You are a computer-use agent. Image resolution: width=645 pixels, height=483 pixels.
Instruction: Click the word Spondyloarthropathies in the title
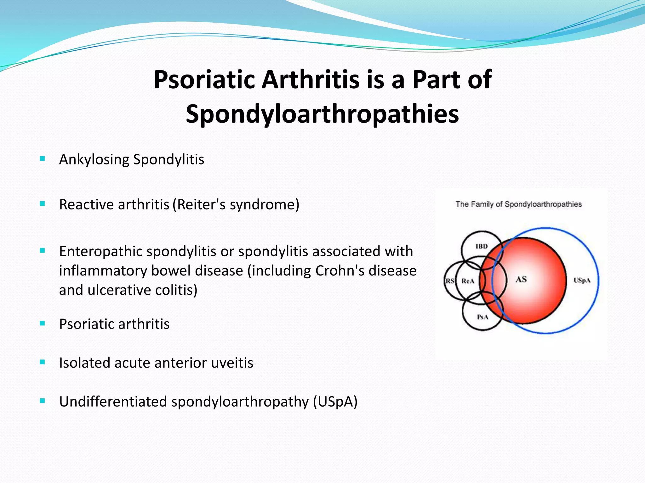(x=322, y=114)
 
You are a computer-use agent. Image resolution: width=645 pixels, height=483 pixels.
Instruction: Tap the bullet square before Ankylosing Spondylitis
(x=43, y=158)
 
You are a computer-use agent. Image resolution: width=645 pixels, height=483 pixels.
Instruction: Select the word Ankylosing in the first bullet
(x=94, y=159)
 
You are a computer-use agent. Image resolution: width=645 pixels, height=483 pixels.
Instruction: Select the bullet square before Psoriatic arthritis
(x=43, y=323)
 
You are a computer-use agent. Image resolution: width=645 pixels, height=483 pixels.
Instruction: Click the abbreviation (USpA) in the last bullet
(x=335, y=402)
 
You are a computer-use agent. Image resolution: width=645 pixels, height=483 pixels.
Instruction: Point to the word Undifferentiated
(x=113, y=402)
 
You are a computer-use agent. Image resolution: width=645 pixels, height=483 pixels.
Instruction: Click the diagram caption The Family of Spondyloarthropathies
(x=518, y=204)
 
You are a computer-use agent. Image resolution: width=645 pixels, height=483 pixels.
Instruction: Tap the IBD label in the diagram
(x=481, y=246)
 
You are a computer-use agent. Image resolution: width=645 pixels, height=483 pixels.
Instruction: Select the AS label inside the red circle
(x=521, y=279)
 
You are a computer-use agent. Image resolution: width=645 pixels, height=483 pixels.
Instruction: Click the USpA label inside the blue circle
(x=582, y=280)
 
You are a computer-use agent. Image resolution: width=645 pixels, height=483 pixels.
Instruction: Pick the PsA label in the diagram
(x=482, y=317)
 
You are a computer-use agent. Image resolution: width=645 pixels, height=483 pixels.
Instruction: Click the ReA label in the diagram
(x=468, y=281)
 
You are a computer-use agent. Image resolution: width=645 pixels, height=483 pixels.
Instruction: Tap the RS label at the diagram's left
(x=449, y=281)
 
